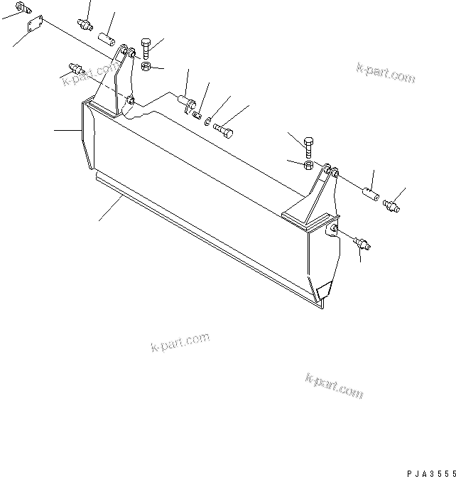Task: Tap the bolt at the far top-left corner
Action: click(x=26, y=9)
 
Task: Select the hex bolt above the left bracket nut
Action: click(x=146, y=48)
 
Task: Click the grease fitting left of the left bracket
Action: click(x=74, y=69)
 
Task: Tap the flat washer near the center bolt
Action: click(x=206, y=122)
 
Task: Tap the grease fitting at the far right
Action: click(x=391, y=207)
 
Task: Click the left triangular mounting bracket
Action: click(x=114, y=85)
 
